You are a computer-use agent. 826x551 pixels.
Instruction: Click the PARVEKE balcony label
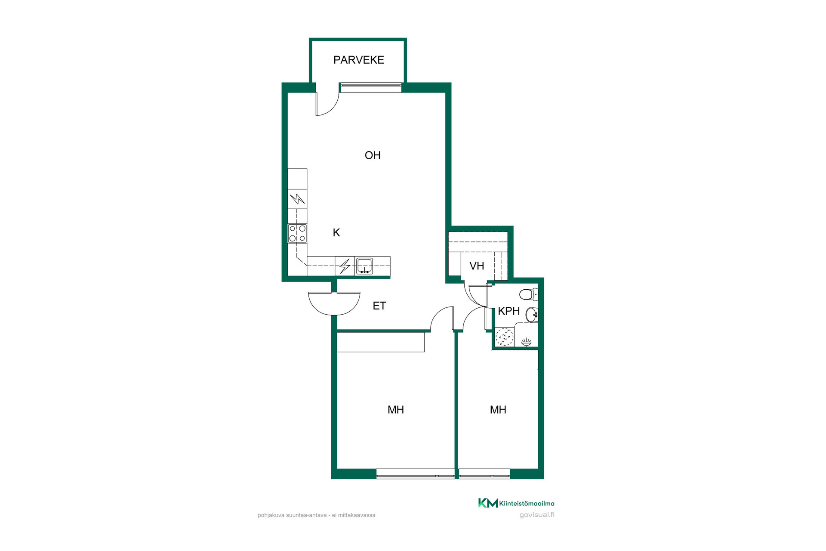(359, 60)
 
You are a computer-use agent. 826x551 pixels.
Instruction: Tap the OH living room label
(373, 155)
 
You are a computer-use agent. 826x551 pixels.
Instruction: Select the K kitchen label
(336, 232)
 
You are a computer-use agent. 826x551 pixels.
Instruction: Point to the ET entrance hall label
(379, 306)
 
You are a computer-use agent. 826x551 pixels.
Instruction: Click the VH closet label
(477, 266)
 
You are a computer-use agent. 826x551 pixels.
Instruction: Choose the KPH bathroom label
(509, 311)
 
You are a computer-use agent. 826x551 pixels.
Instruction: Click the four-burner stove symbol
(297, 233)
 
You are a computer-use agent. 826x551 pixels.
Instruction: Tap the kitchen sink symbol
(364, 266)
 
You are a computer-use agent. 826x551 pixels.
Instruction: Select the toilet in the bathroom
(529, 294)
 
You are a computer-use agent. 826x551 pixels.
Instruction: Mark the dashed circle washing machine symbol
(505, 337)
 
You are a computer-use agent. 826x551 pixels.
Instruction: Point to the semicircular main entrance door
(334, 303)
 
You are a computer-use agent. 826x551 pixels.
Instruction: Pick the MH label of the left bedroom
(396, 410)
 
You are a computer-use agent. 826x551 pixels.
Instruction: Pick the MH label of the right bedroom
(498, 410)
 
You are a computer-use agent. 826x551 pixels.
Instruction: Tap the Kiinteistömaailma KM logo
(516, 503)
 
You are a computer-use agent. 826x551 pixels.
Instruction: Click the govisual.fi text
(537, 515)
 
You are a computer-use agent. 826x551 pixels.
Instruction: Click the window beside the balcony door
(371, 88)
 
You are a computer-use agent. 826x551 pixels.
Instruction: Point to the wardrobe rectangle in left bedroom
(381, 342)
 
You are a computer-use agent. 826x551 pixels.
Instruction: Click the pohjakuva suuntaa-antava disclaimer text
(317, 515)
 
